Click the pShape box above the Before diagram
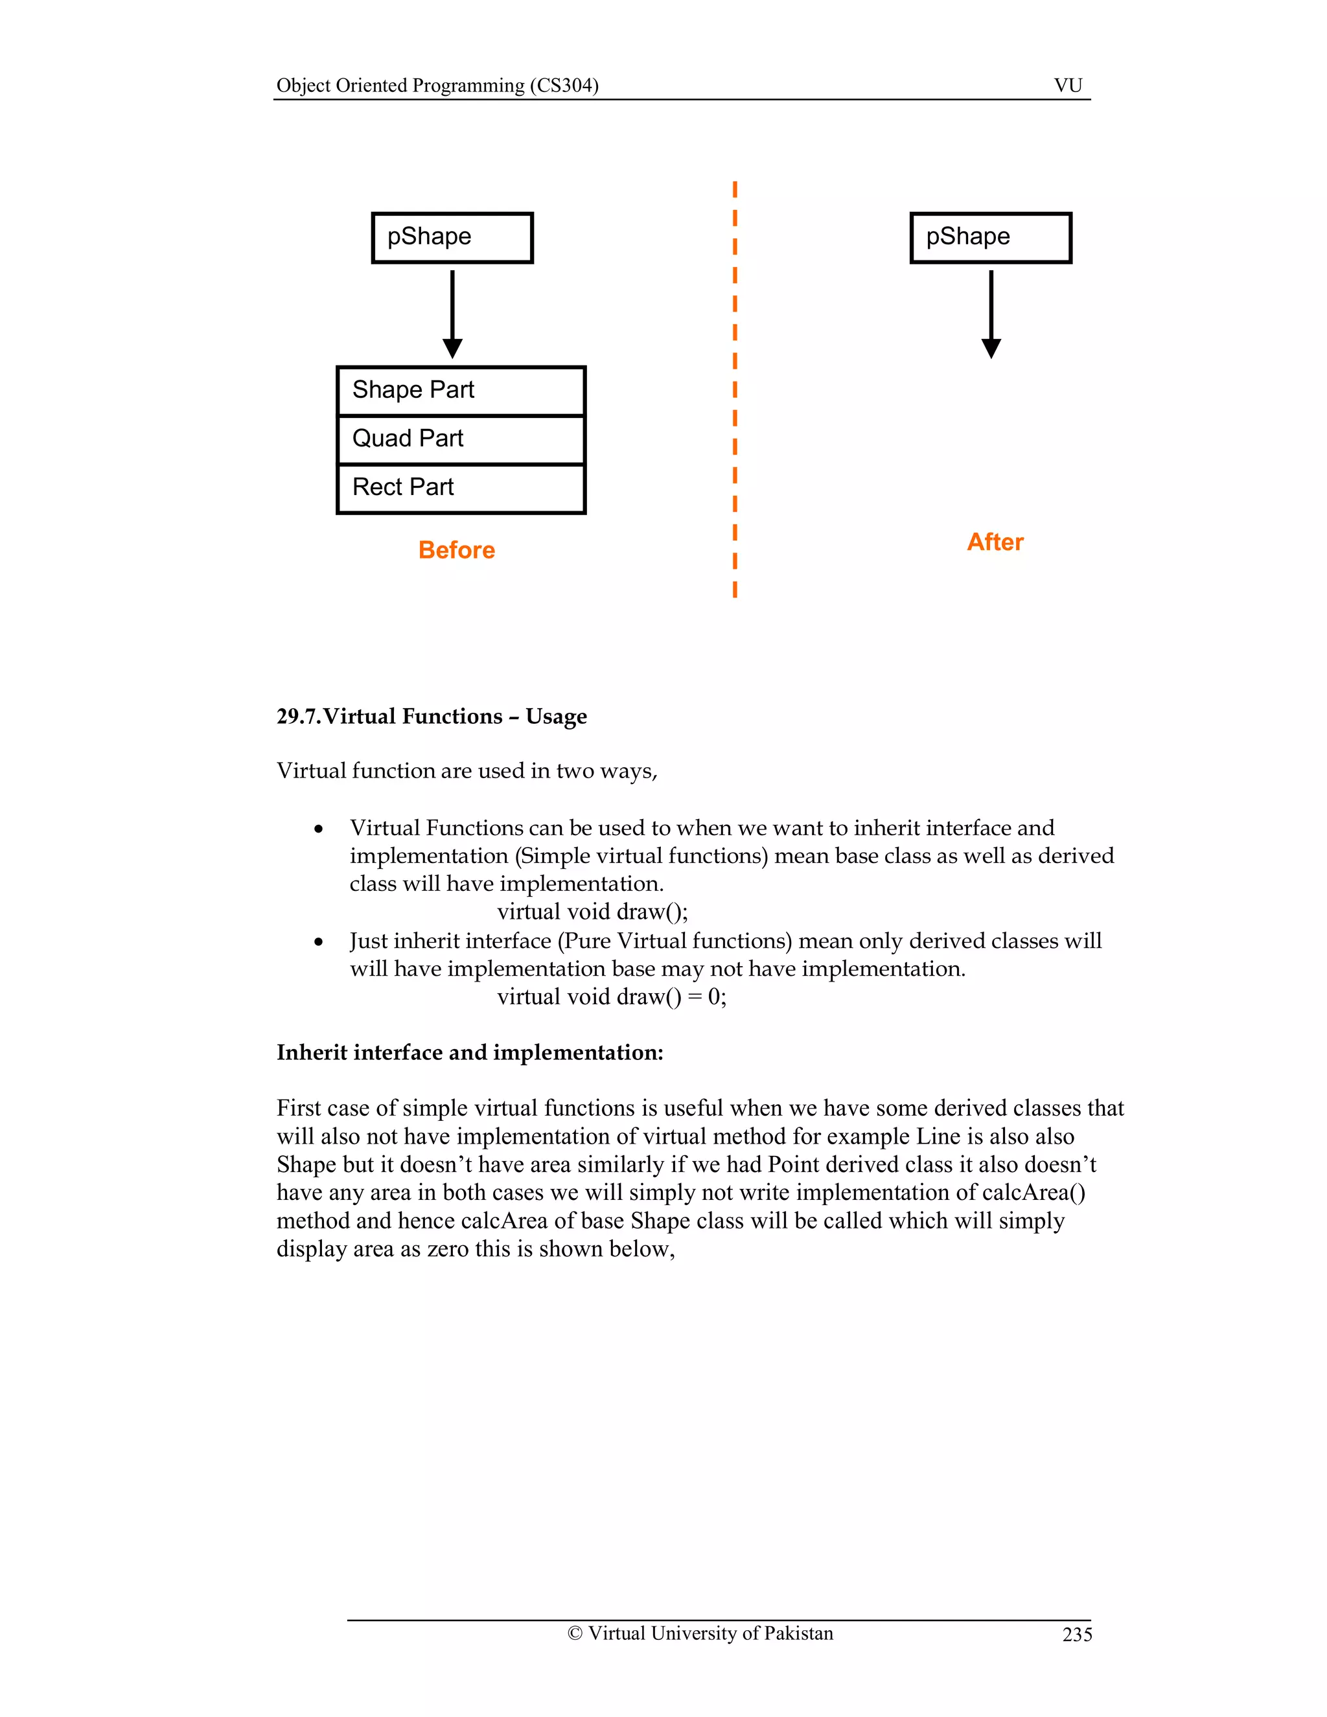(452, 237)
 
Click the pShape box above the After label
(991, 237)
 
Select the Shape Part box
(461, 391)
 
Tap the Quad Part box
(461, 439)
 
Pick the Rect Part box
(461, 489)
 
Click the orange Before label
(456, 550)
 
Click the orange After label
(995, 542)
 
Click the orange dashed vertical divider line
(734, 389)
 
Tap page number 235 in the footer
(1076, 1635)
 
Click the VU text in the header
(1068, 86)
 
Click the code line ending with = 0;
(611, 997)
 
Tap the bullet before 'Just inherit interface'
(318, 942)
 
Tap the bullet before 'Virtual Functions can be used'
(318, 829)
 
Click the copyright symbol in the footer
(575, 1633)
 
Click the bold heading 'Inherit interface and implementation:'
(469, 1053)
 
